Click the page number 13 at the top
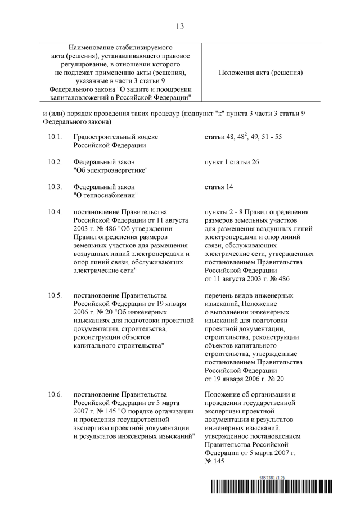click(x=180, y=26)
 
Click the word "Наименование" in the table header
click(x=93, y=48)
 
